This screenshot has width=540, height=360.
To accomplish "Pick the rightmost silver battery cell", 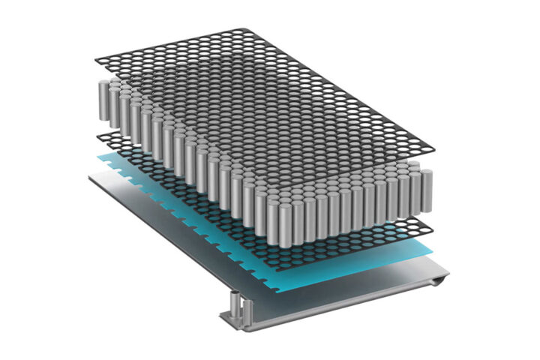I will click(x=427, y=192).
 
